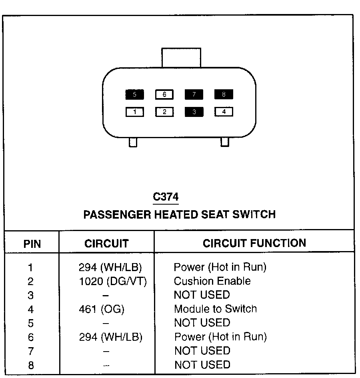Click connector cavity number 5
[x=134, y=95]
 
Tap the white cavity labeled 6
[x=164, y=95]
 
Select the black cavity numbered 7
[x=194, y=95]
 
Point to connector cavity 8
[x=224, y=95]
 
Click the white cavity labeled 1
[x=135, y=112]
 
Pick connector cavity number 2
[x=164, y=112]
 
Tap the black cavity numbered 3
[x=194, y=112]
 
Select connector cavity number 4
[x=224, y=112]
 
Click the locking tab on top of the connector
[x=181, y=58]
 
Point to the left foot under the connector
[x=133, y=142]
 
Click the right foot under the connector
[x=225, y=142]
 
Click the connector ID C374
[x=166, y=197]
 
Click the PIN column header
[x=32, y=244]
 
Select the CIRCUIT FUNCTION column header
[x=254, y=243]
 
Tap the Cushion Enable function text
[x=212, y=281]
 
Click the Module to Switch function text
[x=215, y=309]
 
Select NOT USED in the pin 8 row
[x=202, y=365]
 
